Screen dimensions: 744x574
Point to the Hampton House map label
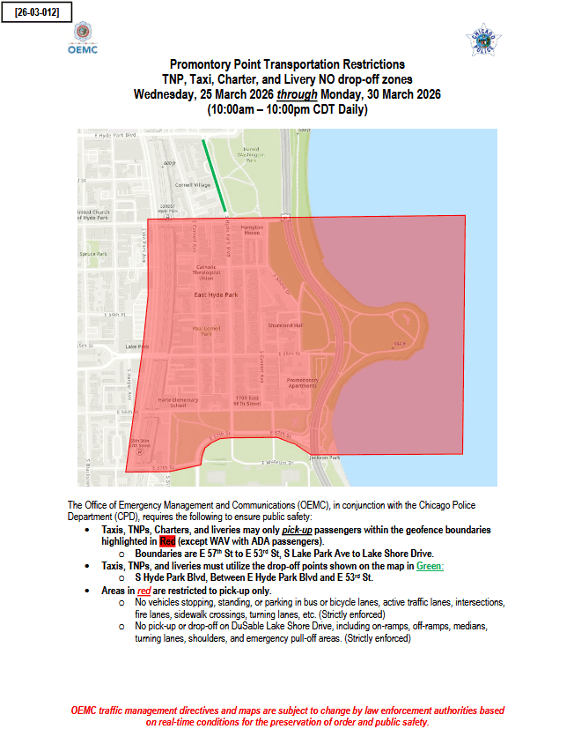[252, 231]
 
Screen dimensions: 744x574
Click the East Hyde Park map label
[212, 294]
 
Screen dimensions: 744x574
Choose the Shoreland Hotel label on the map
[286, 324]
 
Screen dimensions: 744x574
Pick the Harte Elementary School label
[172, 402]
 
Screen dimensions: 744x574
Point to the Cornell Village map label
[193, 185]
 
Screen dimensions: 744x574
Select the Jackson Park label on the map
[325, 458]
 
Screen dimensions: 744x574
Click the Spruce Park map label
[92, 254]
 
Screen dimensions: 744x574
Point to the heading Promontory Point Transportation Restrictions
[287, 65]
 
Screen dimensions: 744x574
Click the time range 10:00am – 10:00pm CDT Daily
[287, 109]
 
